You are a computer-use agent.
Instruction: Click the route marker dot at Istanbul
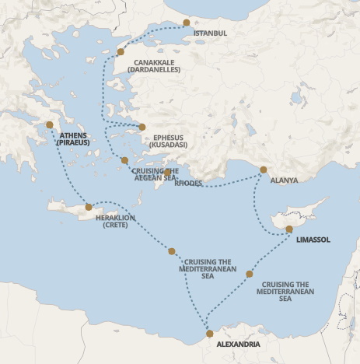click(186, 23)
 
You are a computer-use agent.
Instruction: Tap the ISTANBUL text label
click(210, 33)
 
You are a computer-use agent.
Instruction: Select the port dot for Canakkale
click(121, 52)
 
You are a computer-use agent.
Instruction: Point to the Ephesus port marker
click(142, 127)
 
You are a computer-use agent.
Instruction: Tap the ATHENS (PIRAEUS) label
click(73, 139)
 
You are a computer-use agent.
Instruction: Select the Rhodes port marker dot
click(167, 173)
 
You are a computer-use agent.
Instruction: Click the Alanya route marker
click(263, 170)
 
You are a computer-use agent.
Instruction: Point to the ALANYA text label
click(284, 180)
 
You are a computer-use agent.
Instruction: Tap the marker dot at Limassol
click(288, 229)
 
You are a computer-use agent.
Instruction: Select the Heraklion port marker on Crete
click(89, 207)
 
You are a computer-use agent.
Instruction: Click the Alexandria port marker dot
click(208, 334)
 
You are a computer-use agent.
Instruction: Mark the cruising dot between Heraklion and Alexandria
click(172, 251)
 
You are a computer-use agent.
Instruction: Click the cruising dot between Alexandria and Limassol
click(249, 274)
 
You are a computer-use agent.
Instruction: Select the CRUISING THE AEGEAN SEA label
click(156, 174)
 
